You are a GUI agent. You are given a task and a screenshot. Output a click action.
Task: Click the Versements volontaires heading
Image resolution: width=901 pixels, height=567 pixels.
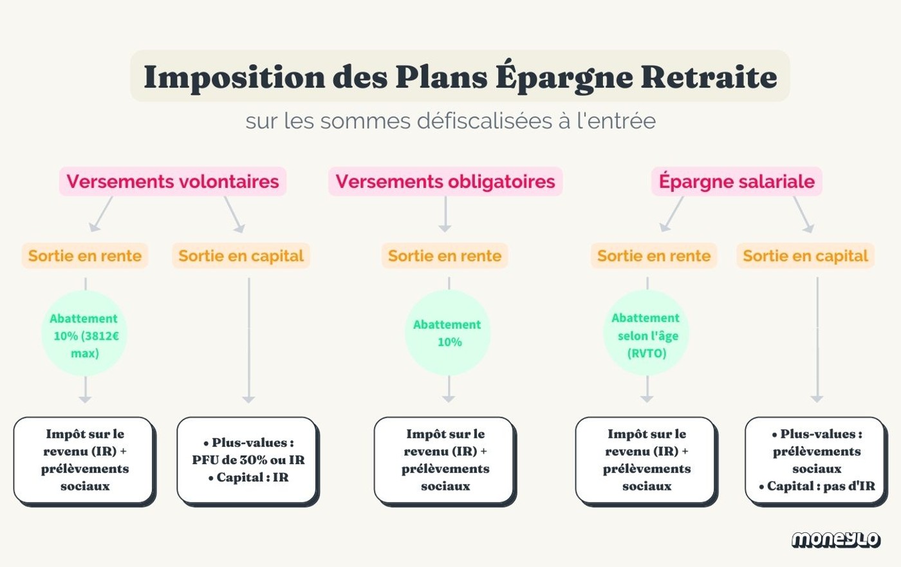click(172, 181)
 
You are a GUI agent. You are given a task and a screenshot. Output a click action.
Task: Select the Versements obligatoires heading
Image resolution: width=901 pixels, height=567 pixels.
click(445, 181)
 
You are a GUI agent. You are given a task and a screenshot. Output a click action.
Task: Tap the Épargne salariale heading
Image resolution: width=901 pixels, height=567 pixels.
click(736, 181)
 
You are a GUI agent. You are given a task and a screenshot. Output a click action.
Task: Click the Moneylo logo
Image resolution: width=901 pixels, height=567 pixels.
click(835, 539)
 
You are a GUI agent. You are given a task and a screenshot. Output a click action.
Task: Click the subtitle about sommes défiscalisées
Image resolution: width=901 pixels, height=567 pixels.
click(450, 121)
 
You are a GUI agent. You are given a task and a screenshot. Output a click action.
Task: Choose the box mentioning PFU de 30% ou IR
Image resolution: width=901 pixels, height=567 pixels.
click(248, 460)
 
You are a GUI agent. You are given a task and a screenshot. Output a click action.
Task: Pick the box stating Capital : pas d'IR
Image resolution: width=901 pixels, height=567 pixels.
click(816, 460)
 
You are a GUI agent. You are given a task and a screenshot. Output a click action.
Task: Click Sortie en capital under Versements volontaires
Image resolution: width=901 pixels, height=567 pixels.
click(241, 256)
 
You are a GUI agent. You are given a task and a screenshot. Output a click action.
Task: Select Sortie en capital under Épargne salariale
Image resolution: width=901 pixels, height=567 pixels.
click(805, 256)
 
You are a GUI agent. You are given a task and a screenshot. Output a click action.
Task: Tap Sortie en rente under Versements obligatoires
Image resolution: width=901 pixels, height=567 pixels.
click(445, 256)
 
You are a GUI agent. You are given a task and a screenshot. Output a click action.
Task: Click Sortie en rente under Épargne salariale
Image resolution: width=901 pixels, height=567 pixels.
click(654, 256)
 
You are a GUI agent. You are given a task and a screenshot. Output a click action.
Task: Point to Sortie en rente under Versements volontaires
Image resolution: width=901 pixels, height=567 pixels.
click(85, 256)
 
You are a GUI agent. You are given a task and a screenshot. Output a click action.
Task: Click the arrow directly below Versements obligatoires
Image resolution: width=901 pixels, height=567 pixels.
click(445, 214)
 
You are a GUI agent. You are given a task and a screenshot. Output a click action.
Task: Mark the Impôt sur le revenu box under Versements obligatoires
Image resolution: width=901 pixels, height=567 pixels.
click(445, 460)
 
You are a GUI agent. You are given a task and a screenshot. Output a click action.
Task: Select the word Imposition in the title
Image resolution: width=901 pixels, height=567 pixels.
click(234, 77)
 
